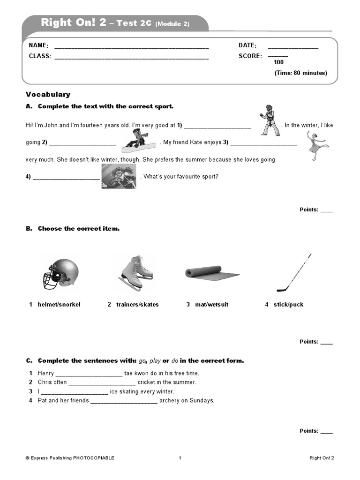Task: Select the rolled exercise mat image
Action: (x=211, y=273)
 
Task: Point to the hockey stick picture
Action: (x=293, y=272)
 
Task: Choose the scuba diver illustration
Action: (x=119, y=177)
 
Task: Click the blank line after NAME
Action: (x=131, y=47)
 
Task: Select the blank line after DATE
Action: (x=293, y=47)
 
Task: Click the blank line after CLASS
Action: (x=131, y=58)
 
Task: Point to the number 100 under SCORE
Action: (x=278, y=62)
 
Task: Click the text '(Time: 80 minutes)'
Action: (x=300, y=73)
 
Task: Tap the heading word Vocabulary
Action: (x=48, y=94)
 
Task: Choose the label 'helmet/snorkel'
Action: (x=59, y=305)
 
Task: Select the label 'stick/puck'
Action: (x=288, y=305)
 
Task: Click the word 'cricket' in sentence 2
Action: (x=147, y=382)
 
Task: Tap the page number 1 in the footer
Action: (x=180, y=458)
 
